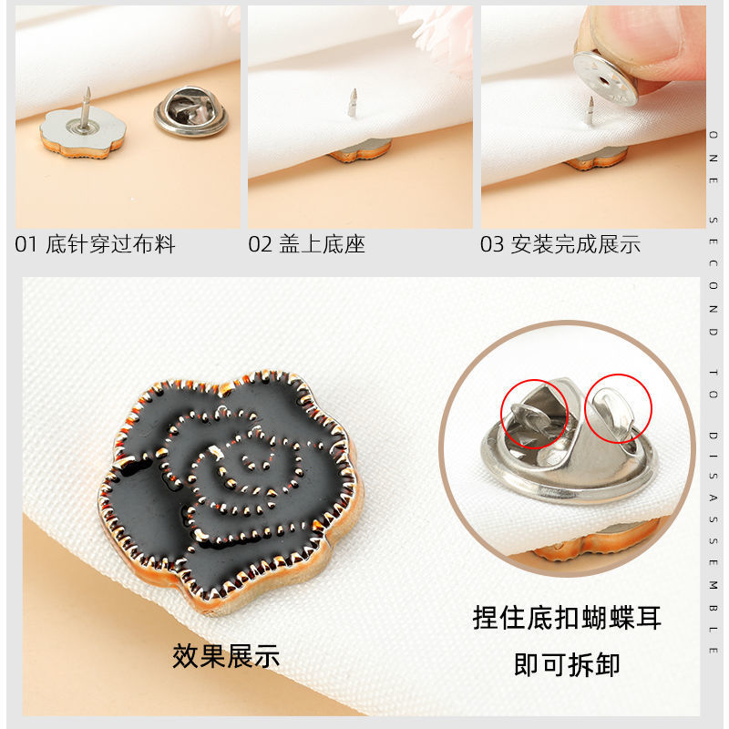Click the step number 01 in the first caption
pos(26,244)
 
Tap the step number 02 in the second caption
pos(260,244)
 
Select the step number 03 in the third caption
pos(492,244)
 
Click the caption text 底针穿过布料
pos(110,244)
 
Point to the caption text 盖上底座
pos(322,244)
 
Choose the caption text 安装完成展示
pos(576,244)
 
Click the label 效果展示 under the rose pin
pos(226,656)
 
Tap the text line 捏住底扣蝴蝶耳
pos(567,618)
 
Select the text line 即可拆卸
pos(567,664)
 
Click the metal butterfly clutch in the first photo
pos(191,111)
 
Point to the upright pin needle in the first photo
pos(86,108)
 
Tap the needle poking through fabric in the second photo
pos(353,103)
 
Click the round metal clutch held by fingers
pos(605,78)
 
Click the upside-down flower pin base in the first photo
pos(83,133)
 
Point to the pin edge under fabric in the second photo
pos(360,150)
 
